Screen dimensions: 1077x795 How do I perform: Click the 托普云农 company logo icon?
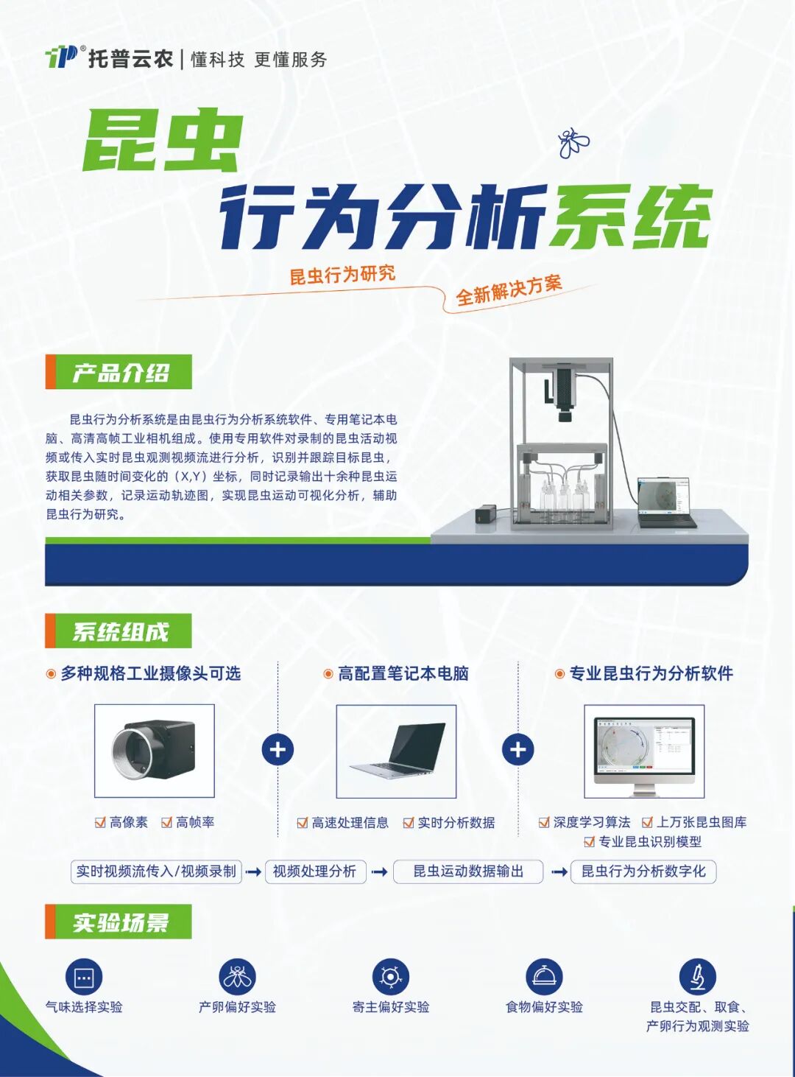pos(62,57)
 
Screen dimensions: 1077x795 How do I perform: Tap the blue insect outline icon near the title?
pos(573,143)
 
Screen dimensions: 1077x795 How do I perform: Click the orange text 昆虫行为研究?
pos(342,275)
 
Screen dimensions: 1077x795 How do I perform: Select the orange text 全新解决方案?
pos(509,290)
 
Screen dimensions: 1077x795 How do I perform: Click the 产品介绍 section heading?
pos(119,372)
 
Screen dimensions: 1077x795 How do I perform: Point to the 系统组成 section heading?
pos(119,631)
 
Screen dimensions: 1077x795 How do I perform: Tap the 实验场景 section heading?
pos(119,922)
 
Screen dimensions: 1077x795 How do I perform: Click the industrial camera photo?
pos(154,750)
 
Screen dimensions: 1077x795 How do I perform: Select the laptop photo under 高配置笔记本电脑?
pos(396,751)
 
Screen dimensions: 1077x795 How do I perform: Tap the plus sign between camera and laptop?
pos(278,750)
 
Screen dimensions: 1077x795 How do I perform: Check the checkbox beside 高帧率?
pos(167,822)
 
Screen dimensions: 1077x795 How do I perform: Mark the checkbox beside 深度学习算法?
pos(544,822)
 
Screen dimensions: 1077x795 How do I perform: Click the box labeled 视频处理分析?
pos(315,871)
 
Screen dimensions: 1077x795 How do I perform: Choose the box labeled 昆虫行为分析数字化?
pos(643,871)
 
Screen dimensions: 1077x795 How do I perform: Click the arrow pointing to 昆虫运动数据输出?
pos(380,872)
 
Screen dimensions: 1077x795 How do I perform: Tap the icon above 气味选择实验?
pos(84,978)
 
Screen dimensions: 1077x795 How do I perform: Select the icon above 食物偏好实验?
pos(544,978)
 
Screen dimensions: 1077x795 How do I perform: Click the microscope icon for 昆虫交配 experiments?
pos(697,978)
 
